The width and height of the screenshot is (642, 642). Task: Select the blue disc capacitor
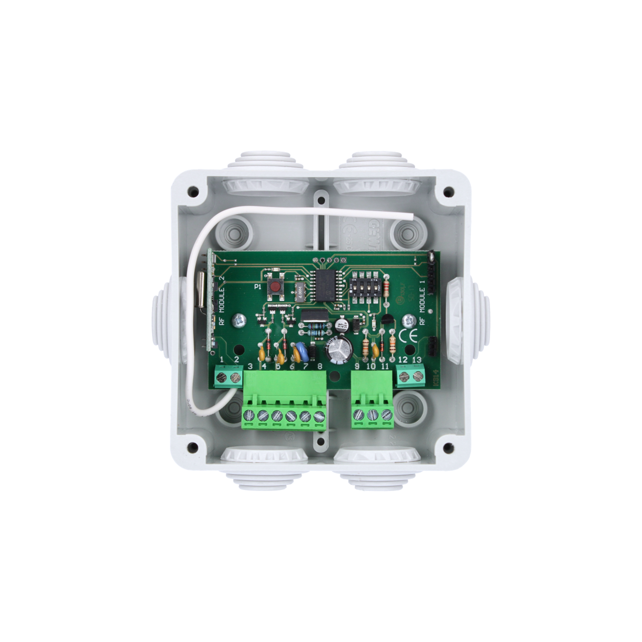click(x=300, y=351)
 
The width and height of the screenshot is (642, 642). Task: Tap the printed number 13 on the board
click(x=416, y=360)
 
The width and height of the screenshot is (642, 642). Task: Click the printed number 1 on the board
click(x=222, y=359)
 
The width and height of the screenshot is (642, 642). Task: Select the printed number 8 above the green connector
click(x=319, y=367)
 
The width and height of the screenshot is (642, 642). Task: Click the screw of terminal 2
click(x=233, y=376)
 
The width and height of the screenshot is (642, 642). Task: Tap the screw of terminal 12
click(x=404, y=376)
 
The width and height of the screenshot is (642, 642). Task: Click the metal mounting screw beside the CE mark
click(x=410, y=319)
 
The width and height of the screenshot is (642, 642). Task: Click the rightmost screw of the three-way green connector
click(x=386, y=415)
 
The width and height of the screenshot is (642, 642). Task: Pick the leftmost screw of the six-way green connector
click(x=248, y=415)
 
